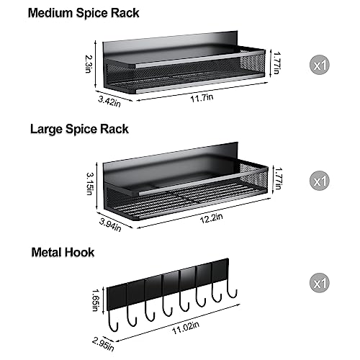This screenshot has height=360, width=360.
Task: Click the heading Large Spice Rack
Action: tap(80, 130)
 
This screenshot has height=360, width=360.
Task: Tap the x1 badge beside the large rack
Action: tap(321, 179)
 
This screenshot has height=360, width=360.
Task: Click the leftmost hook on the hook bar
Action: tap(130, 314)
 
